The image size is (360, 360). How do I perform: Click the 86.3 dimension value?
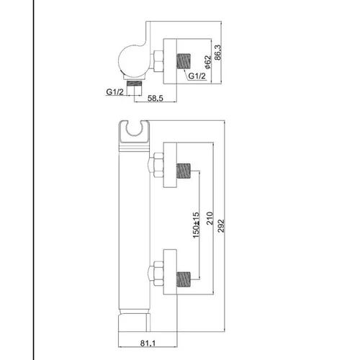coord(217,53)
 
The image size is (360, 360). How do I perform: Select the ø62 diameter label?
coord(207,62)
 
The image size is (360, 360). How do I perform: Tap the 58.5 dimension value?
coord(156,98)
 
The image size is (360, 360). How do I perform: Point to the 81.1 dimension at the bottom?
coord(148,343)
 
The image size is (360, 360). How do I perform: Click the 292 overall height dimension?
coord(220,225)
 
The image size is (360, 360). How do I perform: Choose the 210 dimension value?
coord(210,218)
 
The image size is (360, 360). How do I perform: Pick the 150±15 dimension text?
coord(196,225)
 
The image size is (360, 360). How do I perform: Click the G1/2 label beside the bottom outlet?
coord(114,91)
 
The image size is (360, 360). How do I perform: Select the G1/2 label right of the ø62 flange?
coord(197,76)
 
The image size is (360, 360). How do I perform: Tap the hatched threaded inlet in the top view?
coord(184,60)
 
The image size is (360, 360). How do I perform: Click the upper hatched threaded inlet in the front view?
coord(184,171)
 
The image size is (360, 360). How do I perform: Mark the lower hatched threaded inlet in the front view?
coord(184,279)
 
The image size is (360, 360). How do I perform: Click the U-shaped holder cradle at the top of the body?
coord(135,132)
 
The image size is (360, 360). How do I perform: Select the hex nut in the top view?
coord(158,61)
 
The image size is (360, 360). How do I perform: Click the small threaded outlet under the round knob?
coord(134,87)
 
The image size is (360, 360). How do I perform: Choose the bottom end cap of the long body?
coord(134,323)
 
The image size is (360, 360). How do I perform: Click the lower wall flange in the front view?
coord(170,271)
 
